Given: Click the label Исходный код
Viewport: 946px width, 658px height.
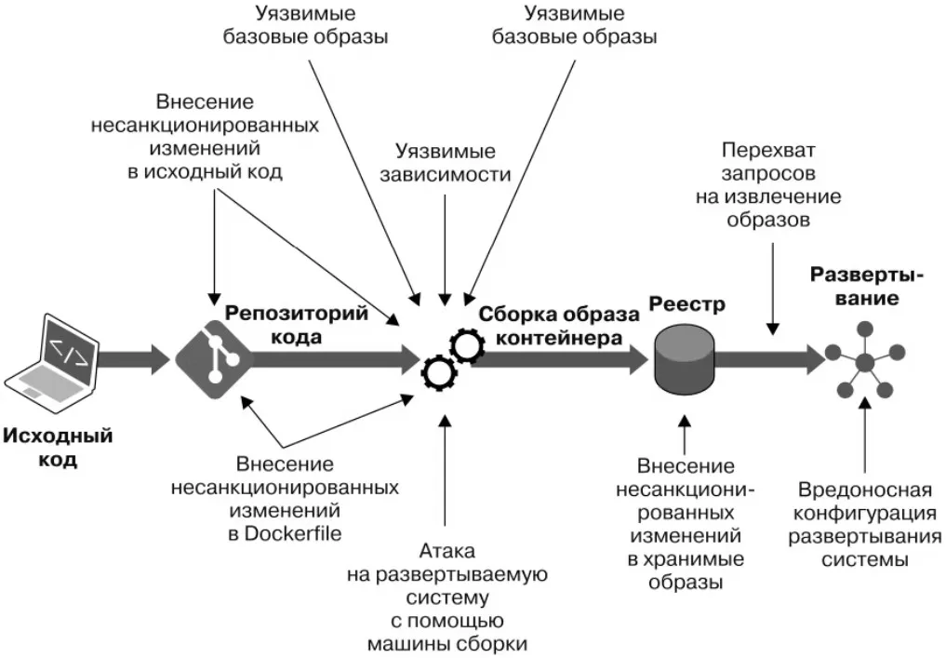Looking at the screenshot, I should [58, 448].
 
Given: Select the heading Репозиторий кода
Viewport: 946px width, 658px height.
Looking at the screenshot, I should [297, 324].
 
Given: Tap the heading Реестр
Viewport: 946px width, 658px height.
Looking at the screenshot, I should [686, 304].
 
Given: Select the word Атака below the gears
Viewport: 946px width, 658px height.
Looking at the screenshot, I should [446, 550].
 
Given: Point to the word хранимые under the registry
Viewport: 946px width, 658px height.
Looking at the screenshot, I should [686, 559].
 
